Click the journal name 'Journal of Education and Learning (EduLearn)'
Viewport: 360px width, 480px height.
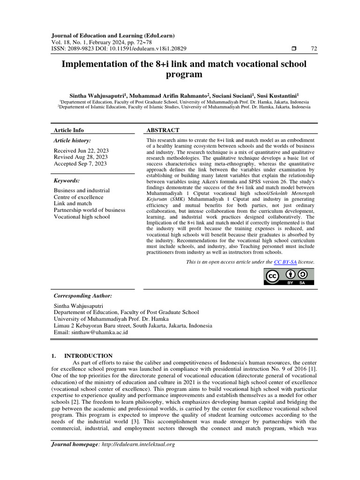click(112, 36)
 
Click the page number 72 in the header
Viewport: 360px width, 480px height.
click(314, 49)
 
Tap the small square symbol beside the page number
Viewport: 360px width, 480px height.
click(293, 49)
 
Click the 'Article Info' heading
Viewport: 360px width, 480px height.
click(69, 130)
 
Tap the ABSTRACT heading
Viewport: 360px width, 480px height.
click(163, 130)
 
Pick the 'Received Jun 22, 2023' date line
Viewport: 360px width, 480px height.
click(81, 150)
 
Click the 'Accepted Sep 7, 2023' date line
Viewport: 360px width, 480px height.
click(80, 164)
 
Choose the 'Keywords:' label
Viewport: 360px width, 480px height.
click(67, 180)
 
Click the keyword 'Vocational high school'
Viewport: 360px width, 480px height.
click(82, 217)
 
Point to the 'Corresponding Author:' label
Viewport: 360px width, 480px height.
click(83, 296)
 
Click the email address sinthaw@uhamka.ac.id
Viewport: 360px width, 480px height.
click(99, 332)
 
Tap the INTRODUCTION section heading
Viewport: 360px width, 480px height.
click(95, 356)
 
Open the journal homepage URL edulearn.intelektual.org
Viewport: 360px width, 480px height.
click(138, 444)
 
